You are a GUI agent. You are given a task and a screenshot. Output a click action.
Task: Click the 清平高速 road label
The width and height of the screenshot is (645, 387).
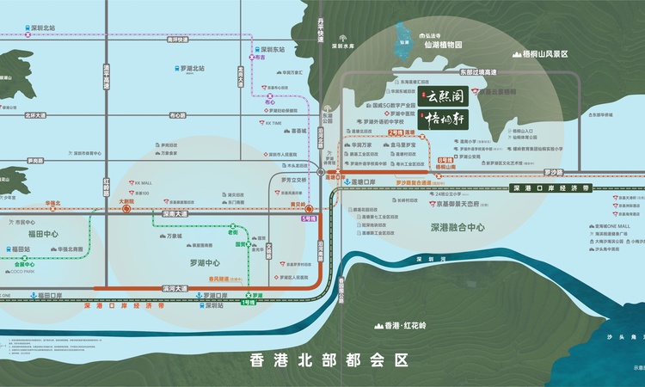[x=109, y=78]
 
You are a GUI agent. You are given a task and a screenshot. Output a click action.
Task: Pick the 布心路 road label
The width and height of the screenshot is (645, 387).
[x=178, y=114]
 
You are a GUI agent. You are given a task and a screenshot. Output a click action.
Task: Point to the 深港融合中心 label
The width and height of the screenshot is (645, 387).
[x=458, y=228]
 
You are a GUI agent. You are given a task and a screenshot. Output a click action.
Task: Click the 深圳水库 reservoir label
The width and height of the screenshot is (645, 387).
[x=344, y=47]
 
